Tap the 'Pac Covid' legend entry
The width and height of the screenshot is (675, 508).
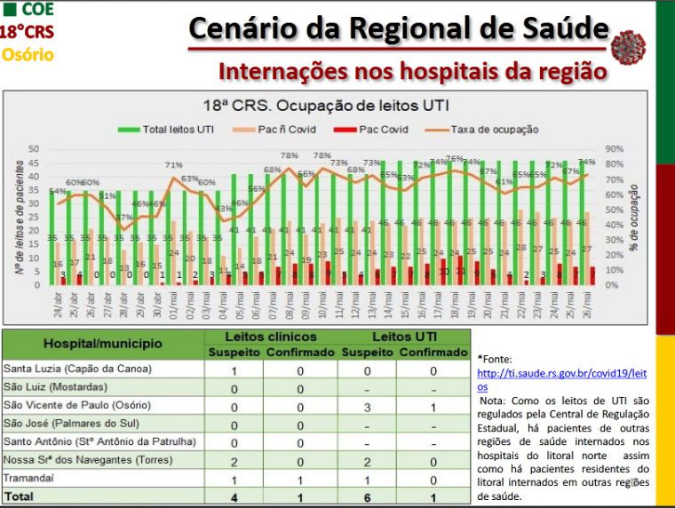[x=383, y=129]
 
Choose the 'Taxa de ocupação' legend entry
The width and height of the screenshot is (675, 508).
[x=494, y=129]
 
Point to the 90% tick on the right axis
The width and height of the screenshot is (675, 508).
[x=613, y=149]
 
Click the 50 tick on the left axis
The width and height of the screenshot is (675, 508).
[x=34, y=149]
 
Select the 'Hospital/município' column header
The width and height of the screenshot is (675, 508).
[x=104, y=342]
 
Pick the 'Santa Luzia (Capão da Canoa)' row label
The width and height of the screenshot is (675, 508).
[x=77, y=369]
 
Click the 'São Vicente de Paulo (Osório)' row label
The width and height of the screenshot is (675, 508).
[x=77, y=405]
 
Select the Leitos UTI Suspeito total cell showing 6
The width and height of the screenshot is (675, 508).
[x=367, y=496]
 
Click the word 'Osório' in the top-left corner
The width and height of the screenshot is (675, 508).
[x=27, y=54]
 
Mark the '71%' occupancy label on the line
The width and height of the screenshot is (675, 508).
[x=173, y=165]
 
